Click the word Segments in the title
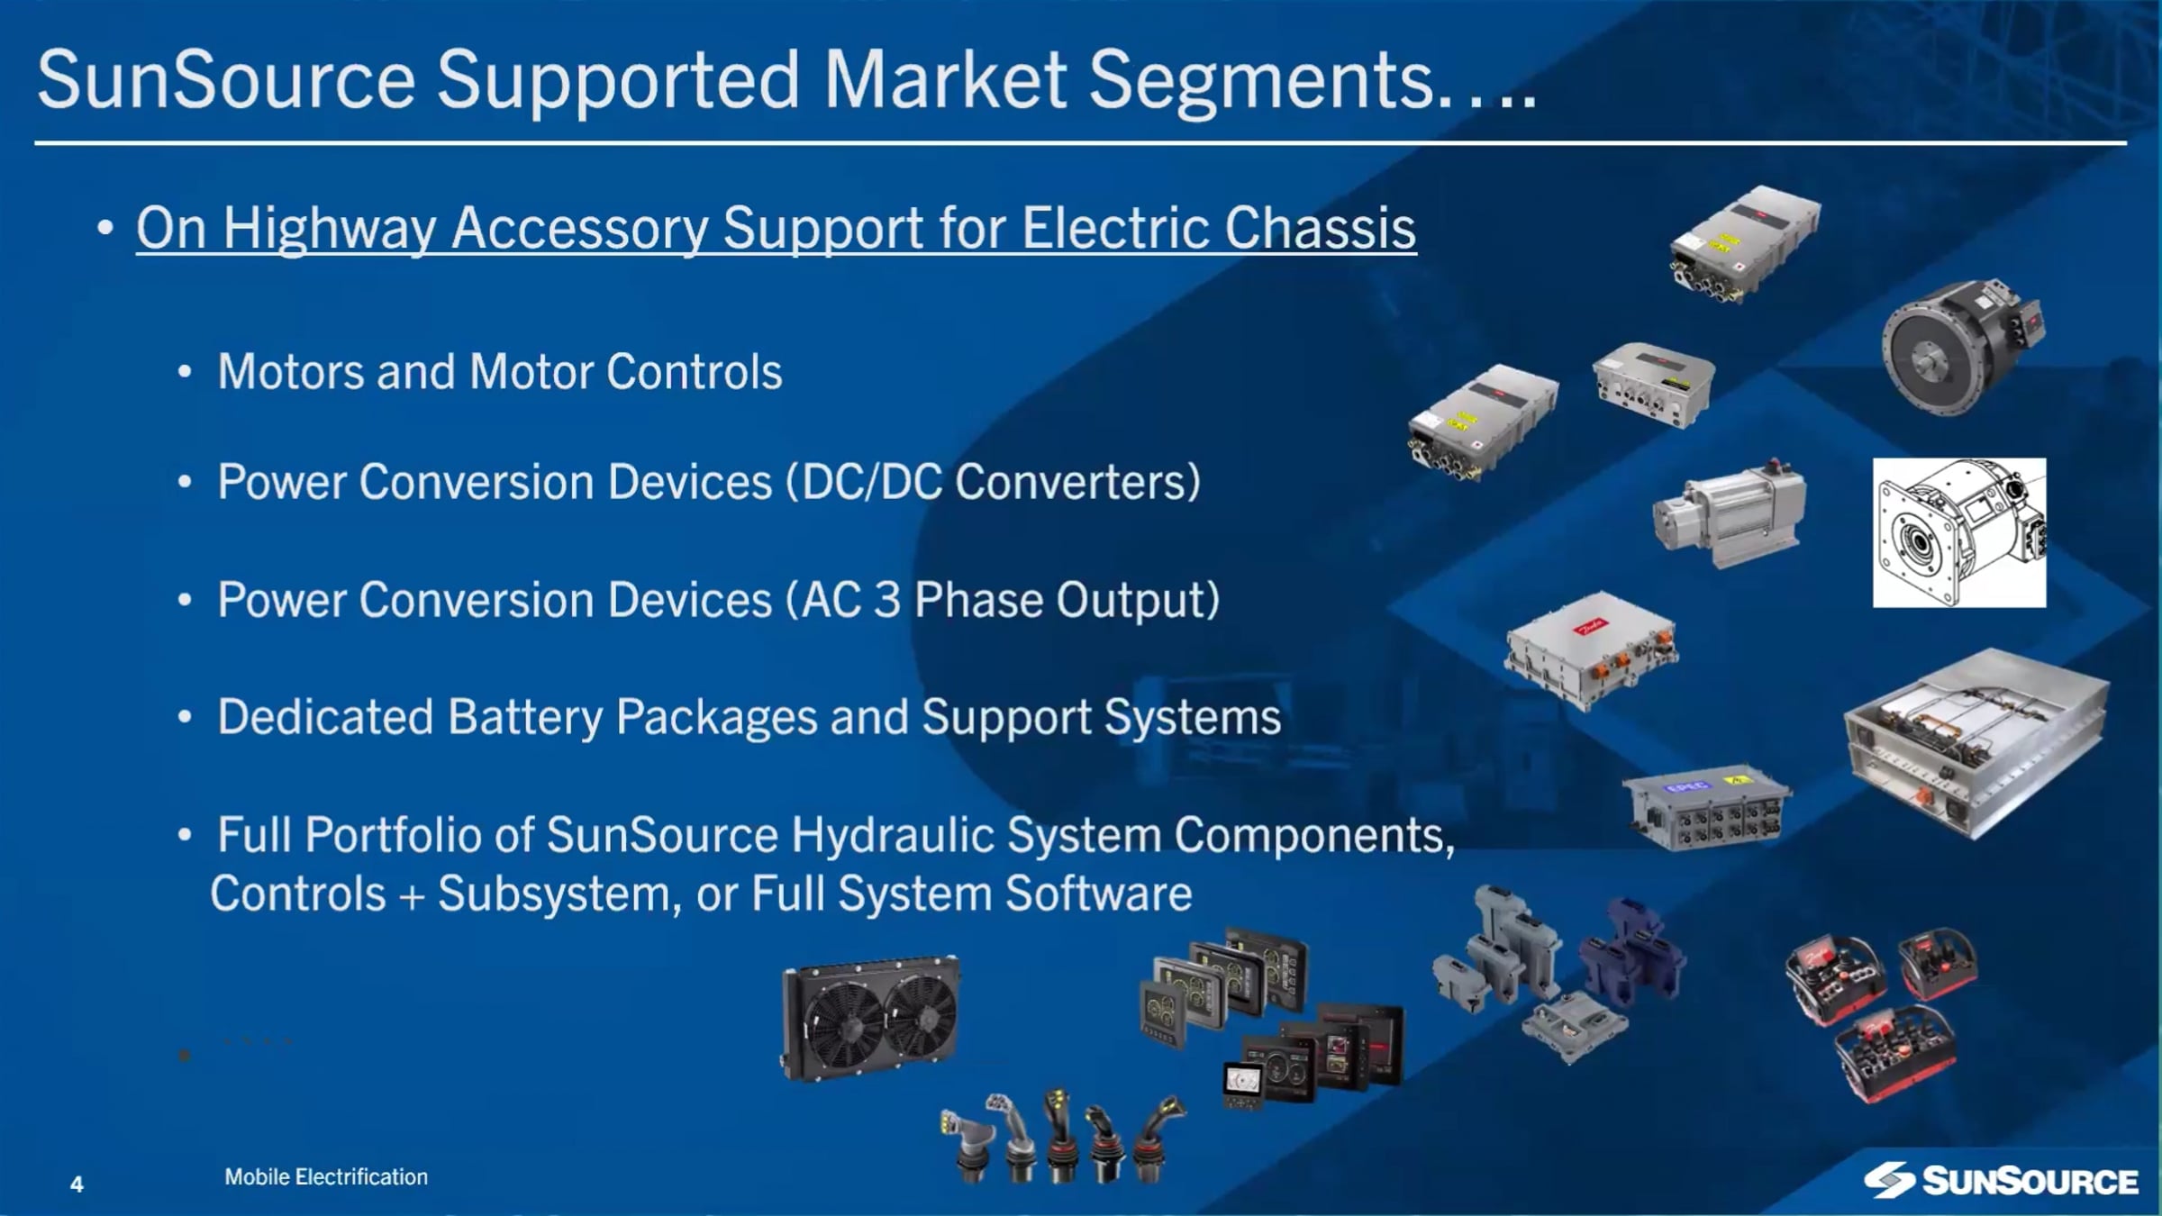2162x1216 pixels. [1261, 79]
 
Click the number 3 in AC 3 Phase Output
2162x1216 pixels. [887, 599]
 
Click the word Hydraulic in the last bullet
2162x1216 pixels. [892, 834]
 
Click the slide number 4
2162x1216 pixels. [77, 1184]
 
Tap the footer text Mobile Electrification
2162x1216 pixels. [326, 1176]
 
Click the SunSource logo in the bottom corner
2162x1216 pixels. [2000, 1180]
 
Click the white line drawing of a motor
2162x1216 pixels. [1958, 532]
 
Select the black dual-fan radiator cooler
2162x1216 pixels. [869, 1018]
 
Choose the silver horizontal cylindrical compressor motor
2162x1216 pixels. [1728, 513]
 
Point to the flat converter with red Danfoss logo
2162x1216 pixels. [1590, 649]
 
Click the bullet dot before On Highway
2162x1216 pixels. [105, 228]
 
